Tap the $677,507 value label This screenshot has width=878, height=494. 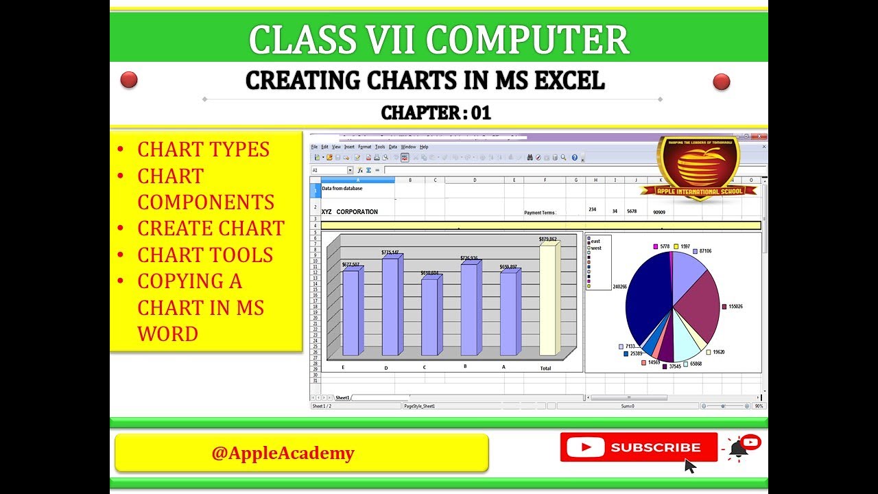tap(351, 265)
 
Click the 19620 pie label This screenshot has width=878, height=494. tap(718, 352)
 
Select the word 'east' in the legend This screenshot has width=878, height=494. tap(595, 242)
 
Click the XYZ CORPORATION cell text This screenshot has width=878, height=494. tap(350, 212)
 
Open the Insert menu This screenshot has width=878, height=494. tap(349, 147)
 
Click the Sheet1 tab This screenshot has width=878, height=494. tap(342, 398)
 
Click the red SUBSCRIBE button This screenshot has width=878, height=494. tap(639, 447)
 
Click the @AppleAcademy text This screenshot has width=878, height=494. tap(283, 453)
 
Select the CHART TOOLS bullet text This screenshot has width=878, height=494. tap(205, 255)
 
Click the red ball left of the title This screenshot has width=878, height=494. tap(129, 80)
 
